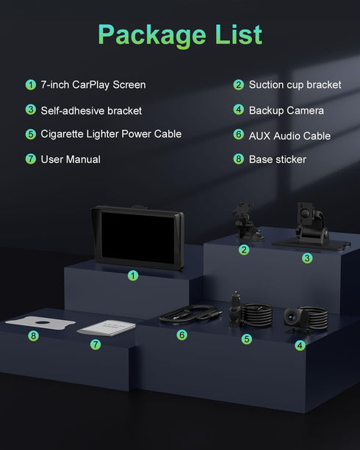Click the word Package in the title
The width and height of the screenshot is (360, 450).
(x=152, y=35)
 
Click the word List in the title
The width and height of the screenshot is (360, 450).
(x=239, y=35)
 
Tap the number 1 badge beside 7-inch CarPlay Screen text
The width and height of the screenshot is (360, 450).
(x=30, y=85)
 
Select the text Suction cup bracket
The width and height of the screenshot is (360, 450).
(x=295, y=85)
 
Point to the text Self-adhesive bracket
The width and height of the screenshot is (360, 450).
(x=91, y=111)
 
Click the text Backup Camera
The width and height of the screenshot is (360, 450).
(x=286, y=111)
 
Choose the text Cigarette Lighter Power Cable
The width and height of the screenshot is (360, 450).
(x=111, y=134)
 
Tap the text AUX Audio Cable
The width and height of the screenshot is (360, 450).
(x=289, y=136)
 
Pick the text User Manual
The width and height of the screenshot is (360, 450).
(x=71, y=159)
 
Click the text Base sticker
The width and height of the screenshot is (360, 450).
(x=277, y=159)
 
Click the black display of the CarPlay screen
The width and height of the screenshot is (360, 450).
(x=138, y=237)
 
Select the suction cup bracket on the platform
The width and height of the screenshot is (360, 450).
(x=245, y=222)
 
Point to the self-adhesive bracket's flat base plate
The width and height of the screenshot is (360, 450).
(x=312, y=244)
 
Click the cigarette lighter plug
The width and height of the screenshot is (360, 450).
(x=235, y=309)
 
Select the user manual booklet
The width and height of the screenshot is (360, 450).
(x=107, y=327)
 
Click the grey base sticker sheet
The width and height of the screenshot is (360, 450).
(x=40, y=322)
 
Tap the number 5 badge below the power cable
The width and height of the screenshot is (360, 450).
(x=247, y=339)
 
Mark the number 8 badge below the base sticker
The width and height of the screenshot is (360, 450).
(x=33, y=335)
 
